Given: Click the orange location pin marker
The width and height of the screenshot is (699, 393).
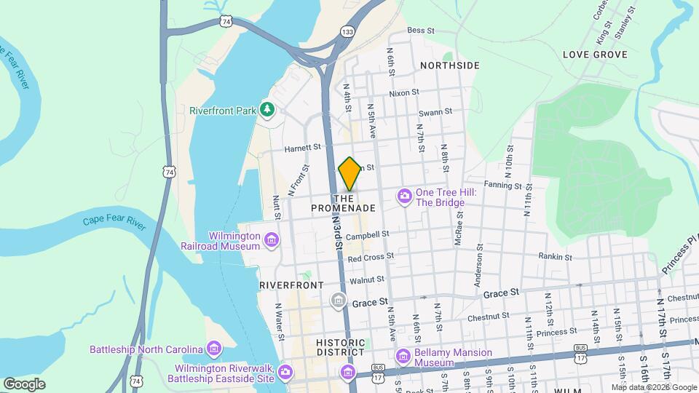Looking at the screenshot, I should (349, 173).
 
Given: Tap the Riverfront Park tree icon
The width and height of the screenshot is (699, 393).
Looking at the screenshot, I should (268, 110).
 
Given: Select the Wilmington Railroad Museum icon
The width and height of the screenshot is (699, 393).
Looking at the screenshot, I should (272, 240).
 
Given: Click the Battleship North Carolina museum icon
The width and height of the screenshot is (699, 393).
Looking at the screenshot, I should (213, 349).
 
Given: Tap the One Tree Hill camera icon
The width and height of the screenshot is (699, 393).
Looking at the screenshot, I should (404, 196).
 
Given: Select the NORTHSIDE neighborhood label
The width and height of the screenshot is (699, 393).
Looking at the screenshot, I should (450, 65).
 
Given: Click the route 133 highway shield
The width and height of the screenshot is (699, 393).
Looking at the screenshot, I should (348, 32).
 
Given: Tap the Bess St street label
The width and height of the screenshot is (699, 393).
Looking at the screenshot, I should (421, 31).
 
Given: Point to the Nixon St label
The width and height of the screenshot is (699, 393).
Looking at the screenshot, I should (404, 92).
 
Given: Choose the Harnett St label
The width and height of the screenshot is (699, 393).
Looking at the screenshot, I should (302, 146).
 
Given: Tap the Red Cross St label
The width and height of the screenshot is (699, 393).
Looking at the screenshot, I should (371, 256).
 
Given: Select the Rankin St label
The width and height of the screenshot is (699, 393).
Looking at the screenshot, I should (556, 256).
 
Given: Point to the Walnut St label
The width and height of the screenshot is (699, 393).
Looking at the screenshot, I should (367, 279).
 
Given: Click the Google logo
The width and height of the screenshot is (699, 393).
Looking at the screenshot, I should (24, 384).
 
